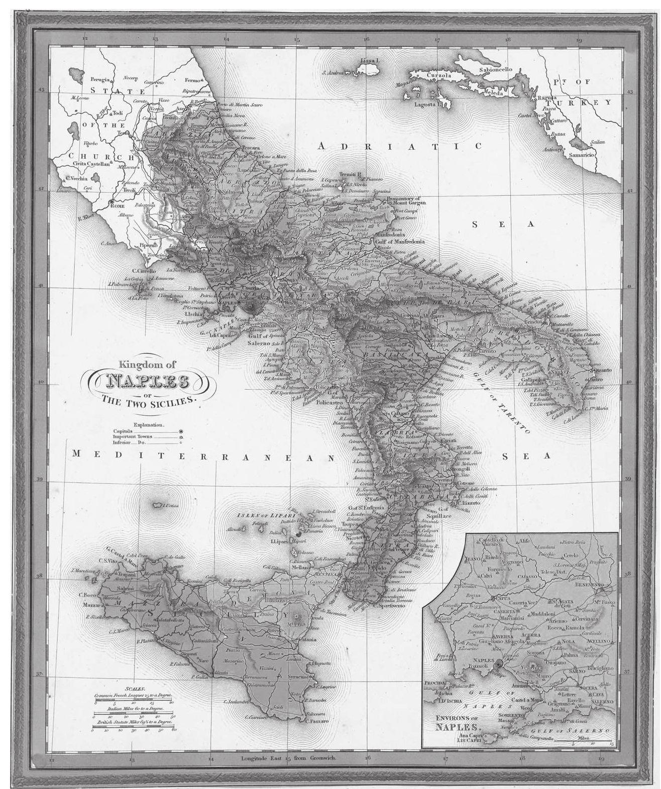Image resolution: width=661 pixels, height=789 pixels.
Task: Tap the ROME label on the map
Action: tap(117, 206)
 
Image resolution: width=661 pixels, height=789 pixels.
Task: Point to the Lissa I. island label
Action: tap(371, 61)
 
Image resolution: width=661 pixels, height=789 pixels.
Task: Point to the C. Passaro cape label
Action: tap(317, 721)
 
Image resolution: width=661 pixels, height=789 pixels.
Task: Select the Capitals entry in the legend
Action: tap(123, 431)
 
